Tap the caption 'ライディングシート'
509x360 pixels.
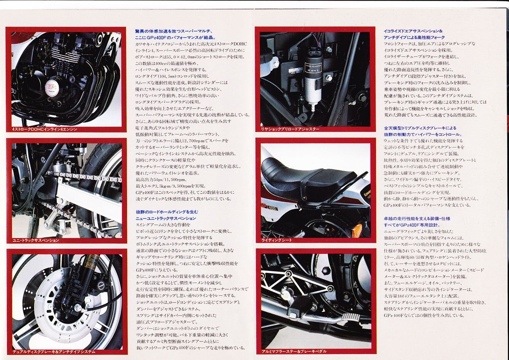tap(276, 240)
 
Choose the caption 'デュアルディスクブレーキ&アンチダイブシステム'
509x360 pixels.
tap(54, 352)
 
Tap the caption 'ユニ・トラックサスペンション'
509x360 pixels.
tap(36, 240)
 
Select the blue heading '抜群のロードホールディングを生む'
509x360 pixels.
tap(167, 212)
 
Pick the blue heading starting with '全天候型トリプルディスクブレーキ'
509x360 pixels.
tap(420, 128)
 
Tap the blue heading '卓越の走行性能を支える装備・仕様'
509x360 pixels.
tap(417, 218)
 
